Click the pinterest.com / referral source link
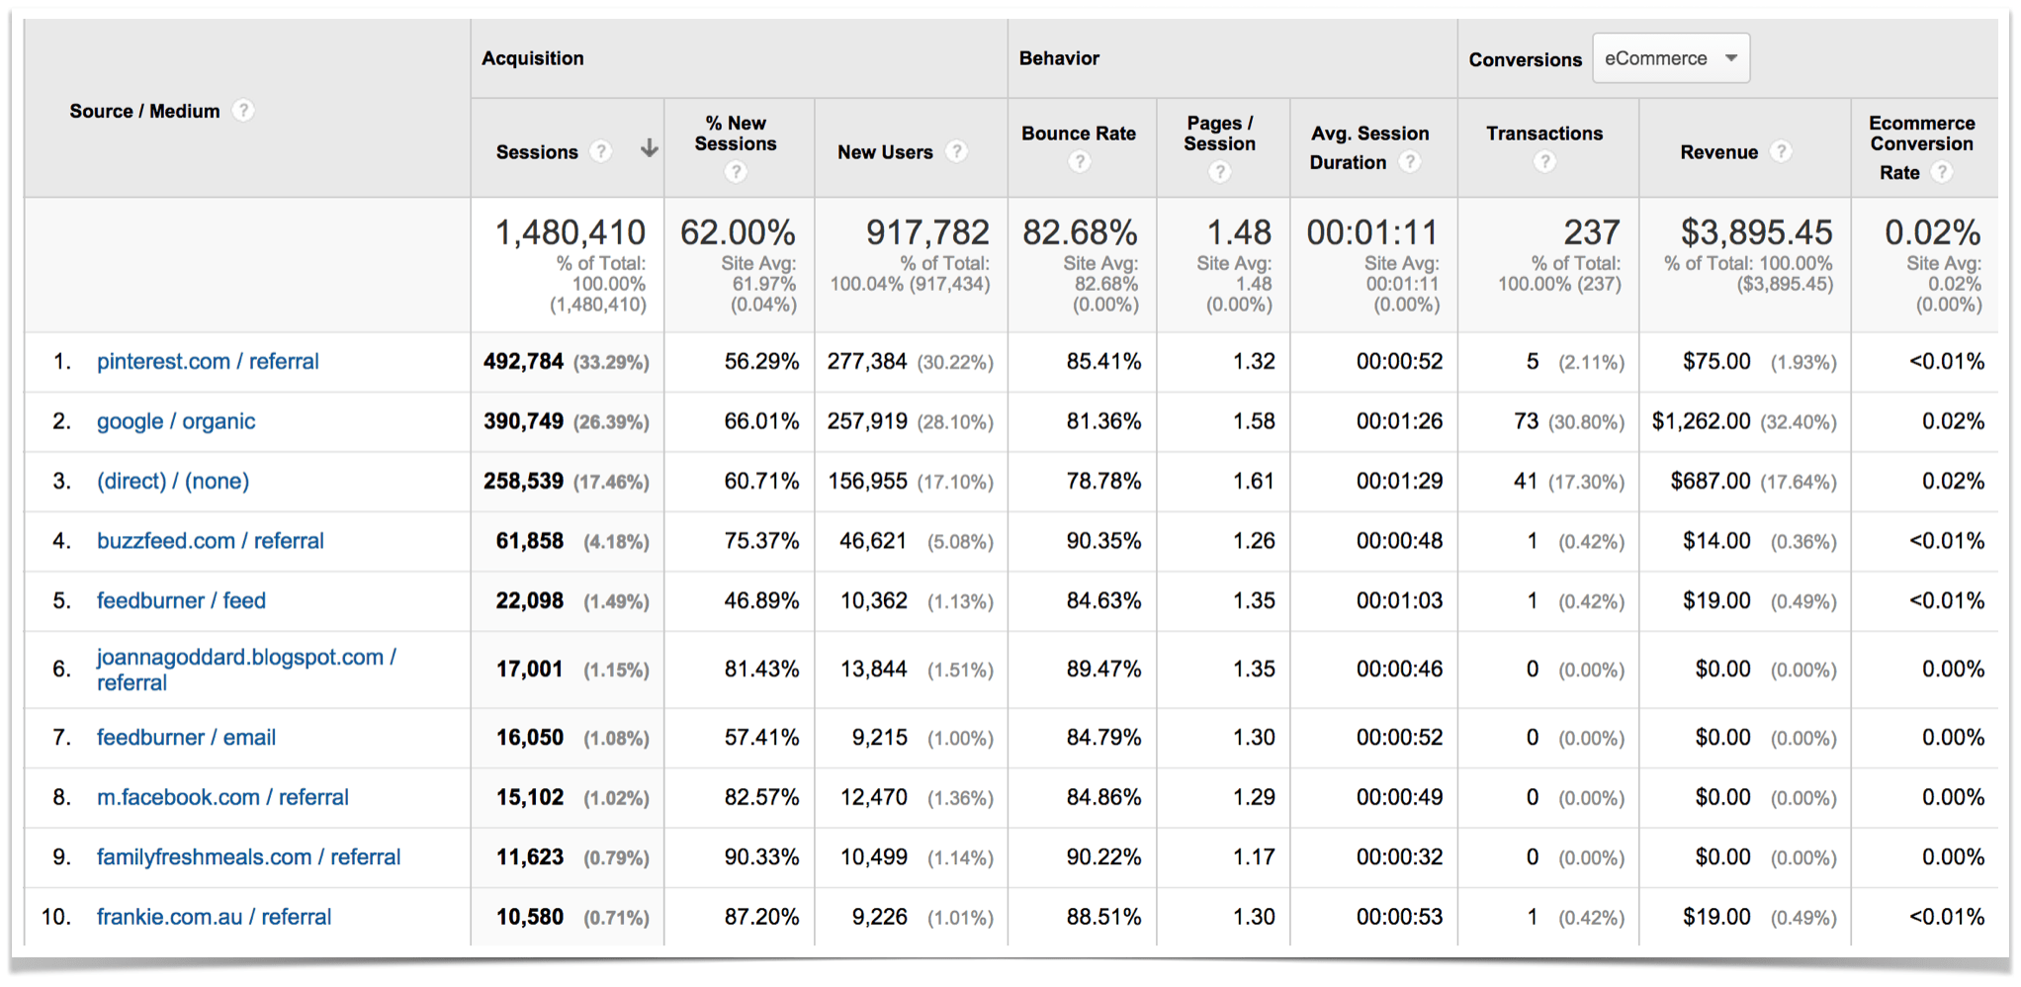click(208, 362)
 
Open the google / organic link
click(176, 422)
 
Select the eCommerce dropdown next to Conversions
click(1670, 58)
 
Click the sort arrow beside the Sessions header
click(649, 149)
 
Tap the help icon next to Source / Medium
click(243, 111)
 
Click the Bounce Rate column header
click(1078, 134)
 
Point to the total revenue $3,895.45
click(1756, 232)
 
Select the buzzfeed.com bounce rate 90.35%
click(1103, 541)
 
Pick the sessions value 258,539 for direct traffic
click(523, 482)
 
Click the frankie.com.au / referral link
click(214, 918)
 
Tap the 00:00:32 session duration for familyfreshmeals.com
click(1399, 857)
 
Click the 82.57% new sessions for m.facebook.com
click(760, 798)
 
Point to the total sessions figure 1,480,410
click(570, 233)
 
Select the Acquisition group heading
click(533, 58)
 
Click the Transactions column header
click(1543, 134)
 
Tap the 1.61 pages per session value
click(1254, 482)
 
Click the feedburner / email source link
click(186, 738)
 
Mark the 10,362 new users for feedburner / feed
click(873, 601)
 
